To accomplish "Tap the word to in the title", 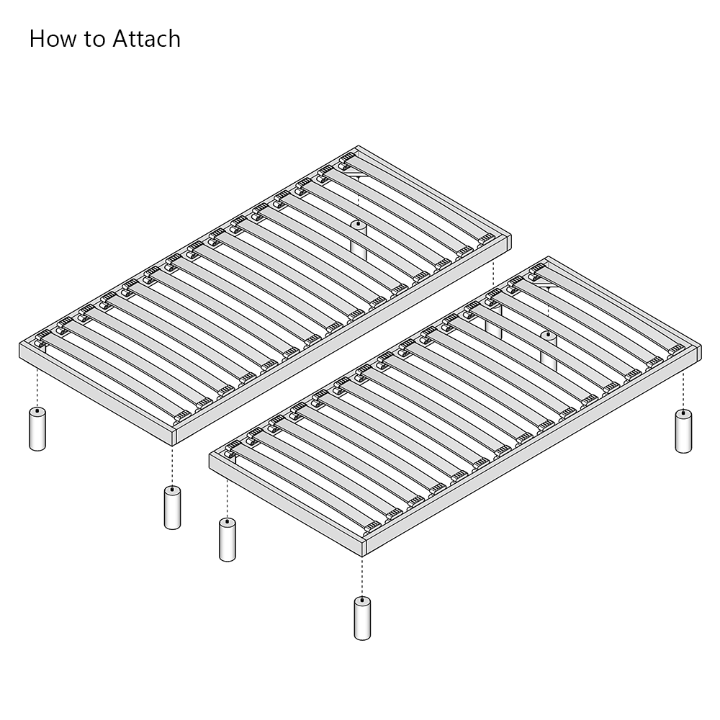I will click(94, 40).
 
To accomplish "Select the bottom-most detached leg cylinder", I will click(362, 618).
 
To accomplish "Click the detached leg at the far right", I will click(683, 431).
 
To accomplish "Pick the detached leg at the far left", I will click(37, 429).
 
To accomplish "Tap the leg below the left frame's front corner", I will click(172, 508).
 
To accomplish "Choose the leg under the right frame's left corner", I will click(227, 539).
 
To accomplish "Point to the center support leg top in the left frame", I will click(358, 225).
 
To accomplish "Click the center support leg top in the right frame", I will click(547, 336).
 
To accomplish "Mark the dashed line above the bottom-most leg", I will click(362, 576).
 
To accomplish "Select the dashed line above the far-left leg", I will click(37, 385).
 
